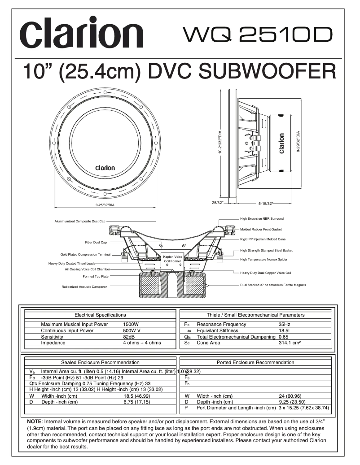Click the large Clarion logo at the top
point(81,33)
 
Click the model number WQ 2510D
point(258,35)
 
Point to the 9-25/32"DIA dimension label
point(105,205)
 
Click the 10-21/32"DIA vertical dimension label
point(220,143)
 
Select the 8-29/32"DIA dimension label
point(298,142)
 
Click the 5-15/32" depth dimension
point(266,204)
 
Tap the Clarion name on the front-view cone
point(105,168)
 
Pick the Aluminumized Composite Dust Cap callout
point(80,221)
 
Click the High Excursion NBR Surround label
point(262,219)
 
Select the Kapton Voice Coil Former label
point(172,259)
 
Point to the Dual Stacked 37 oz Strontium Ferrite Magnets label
point(273,285)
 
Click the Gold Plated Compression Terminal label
point(85,254)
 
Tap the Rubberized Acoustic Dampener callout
point(84,287)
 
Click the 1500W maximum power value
point(131,324)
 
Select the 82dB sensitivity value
point(129,337)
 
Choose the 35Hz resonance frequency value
point(285,324)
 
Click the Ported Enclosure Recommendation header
point(255,362)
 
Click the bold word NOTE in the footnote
point(34,422)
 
